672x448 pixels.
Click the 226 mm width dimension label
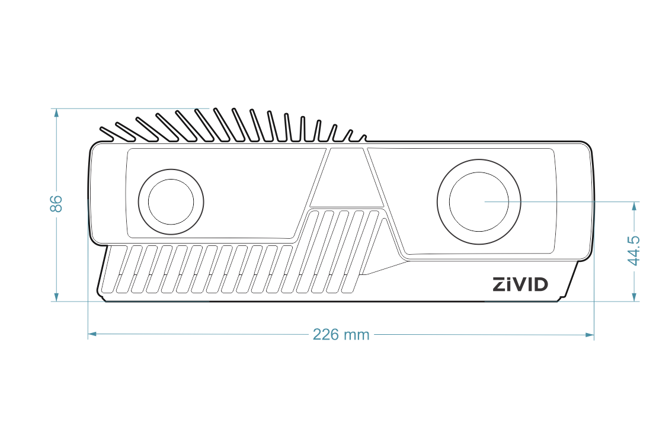341,334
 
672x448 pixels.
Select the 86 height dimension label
56,204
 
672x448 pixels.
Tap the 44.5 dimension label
633,251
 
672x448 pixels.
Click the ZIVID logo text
520,284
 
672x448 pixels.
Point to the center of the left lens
171,201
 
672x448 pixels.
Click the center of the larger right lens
479,201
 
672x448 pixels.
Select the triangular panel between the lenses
347,178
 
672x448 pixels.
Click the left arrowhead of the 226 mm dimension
92,334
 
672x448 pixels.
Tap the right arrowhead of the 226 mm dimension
590,334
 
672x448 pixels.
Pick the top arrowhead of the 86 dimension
56,113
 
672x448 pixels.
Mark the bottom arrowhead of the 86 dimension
56,297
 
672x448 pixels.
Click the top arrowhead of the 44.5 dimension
634,206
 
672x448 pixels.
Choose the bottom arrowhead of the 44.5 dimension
634,297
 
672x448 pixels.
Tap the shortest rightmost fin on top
364,138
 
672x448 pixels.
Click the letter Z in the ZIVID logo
499,284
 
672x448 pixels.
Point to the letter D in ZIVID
541,284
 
